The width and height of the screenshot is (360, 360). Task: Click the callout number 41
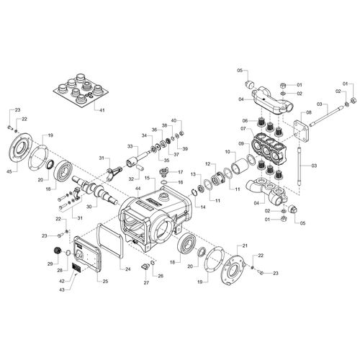tap(102, 110)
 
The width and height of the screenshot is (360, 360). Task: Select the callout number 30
tap(89, 207)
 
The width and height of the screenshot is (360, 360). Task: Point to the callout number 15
tap(147, 178)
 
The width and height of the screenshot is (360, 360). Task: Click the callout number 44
tap(138, 189)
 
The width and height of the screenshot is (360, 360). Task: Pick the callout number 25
tap(105, 282)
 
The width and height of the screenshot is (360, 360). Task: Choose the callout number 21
tap(245, 246)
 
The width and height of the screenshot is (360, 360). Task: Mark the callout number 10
tap(228, 152)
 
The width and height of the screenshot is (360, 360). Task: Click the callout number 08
tap(309, 112)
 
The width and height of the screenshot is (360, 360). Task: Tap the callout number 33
tap(130, 146)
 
